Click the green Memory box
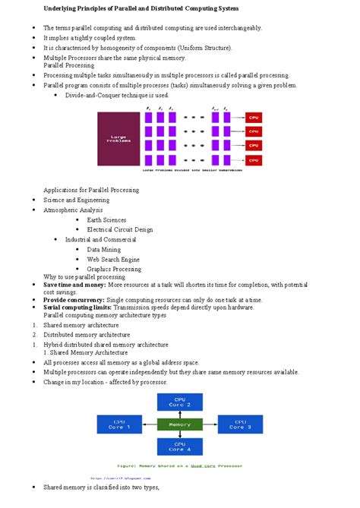(x=179, y=424)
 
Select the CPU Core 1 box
(x=122, y=424)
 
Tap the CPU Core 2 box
(x=179, y=402)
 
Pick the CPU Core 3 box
(x=239, y=424)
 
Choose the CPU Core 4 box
(x=179, y=447)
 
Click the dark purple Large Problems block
(x=118, y=139)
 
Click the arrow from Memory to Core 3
(x=210, y=424)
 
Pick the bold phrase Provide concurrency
(x=73, y=300)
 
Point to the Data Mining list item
(x=104, y=249)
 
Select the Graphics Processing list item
(x=114, y=269)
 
